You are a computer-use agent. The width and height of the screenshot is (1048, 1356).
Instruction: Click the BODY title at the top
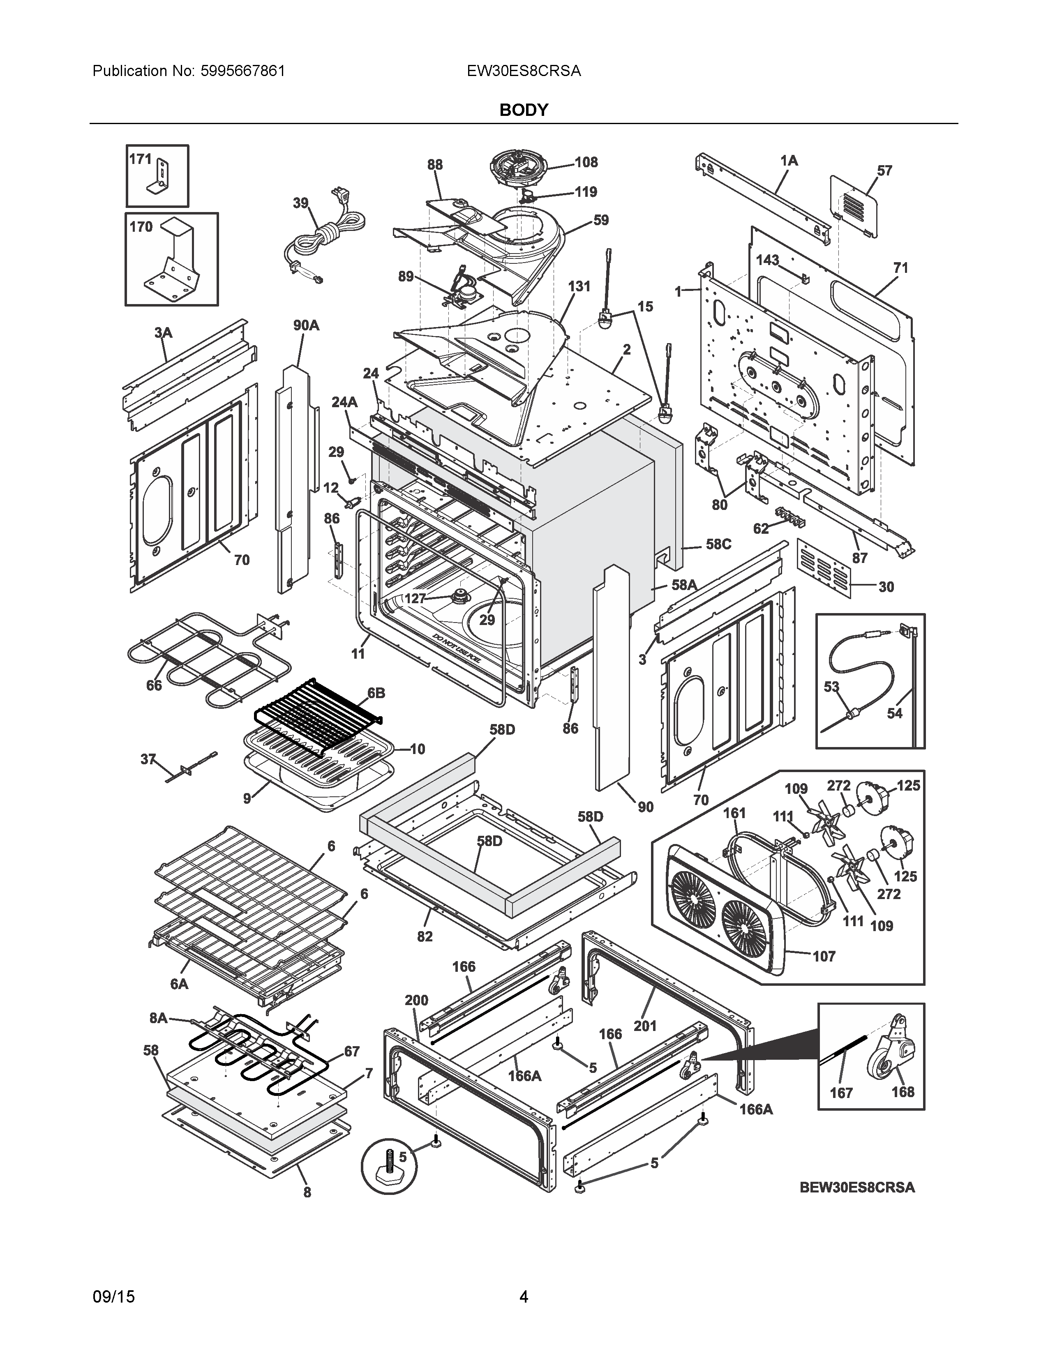tap(523, 110)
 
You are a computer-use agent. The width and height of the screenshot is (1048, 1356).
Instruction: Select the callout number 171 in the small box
tap(140, 159)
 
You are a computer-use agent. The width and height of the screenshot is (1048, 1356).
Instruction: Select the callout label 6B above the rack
tap(376, 693)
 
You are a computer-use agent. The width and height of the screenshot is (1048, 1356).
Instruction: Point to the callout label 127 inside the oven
tap(415, 599)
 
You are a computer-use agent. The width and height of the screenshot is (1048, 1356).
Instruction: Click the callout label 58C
tap(718, 544)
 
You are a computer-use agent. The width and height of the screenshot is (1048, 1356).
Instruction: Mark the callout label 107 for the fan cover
tap(824, 957)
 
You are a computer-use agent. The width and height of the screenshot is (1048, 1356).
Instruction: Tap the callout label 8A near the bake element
tap(158, 1018)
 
